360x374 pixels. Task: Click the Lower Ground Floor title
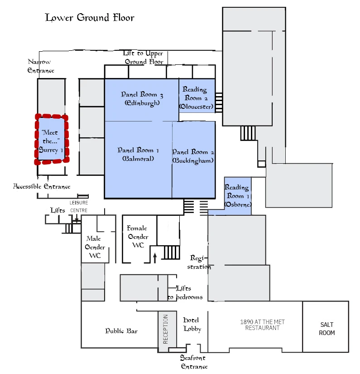point(90,18)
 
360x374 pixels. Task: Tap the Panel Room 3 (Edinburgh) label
point(142,98)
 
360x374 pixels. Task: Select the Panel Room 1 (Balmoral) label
point(138,154)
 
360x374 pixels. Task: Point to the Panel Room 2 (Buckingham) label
point(193,156)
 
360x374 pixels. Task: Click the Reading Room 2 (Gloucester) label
point(197,98)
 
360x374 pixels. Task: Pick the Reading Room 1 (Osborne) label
point(238,195)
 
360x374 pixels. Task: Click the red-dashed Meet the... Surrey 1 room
point(52,140)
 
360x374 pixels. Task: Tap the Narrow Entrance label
point(40,66)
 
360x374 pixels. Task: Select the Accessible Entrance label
point(42,186)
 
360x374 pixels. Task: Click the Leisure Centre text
point(79,207)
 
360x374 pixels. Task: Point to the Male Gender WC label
point(95,247)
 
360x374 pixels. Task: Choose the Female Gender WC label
point(138,237)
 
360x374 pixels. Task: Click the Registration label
point(199,262)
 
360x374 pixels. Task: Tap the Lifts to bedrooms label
point(185,293)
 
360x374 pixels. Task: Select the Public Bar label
point(121,331)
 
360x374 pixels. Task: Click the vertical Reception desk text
point(165,329)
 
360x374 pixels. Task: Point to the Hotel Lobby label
point(192,325)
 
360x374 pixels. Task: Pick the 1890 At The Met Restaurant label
point(262,325)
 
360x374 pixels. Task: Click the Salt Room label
point(326,329)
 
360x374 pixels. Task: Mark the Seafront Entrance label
point(194,362)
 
